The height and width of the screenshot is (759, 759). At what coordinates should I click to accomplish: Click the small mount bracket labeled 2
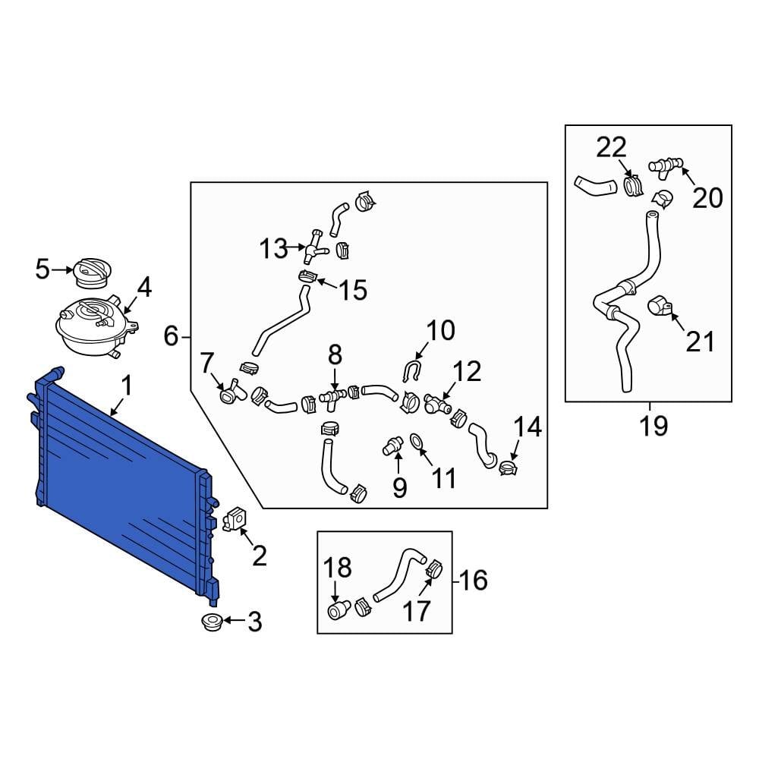235,518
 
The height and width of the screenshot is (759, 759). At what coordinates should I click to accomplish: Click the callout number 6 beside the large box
171,336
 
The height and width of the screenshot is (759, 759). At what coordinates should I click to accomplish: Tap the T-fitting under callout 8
332,398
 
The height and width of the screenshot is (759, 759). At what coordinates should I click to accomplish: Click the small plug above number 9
392,446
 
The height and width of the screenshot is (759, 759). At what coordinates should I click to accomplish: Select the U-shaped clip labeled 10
412,372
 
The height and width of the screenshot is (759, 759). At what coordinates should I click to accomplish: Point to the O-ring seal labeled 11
417,442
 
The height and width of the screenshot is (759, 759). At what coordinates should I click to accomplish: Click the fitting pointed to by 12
436,403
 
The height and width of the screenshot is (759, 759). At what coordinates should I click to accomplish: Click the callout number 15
353,290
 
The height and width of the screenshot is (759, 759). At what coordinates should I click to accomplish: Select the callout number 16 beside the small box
474,580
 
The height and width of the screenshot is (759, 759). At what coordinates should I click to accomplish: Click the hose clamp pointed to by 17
433,569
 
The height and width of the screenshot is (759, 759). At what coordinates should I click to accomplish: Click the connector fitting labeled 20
666,165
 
